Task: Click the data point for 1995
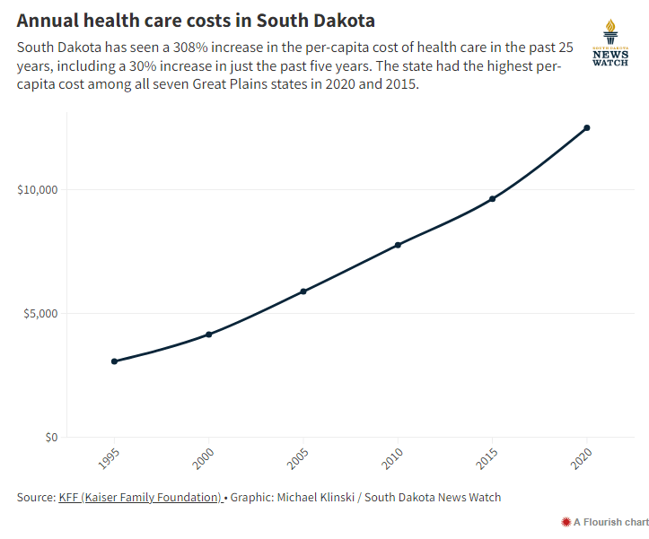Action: [114, 361]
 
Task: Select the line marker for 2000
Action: [208, 335]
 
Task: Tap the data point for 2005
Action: [303, 291]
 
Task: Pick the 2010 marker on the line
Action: [398, 245]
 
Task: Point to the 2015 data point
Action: [492, 199]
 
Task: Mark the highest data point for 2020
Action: [587, 127]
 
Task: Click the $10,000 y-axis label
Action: [37, 190]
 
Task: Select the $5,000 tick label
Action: [39, 314]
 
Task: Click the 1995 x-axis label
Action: [108, 460]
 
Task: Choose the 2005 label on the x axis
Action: [297, 460]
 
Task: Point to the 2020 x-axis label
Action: [581, 460]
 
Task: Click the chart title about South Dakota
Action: [196, 20]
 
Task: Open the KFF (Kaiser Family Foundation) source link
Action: [140, 497]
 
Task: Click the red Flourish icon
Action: [566, 522]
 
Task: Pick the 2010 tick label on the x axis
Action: [391, 460]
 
